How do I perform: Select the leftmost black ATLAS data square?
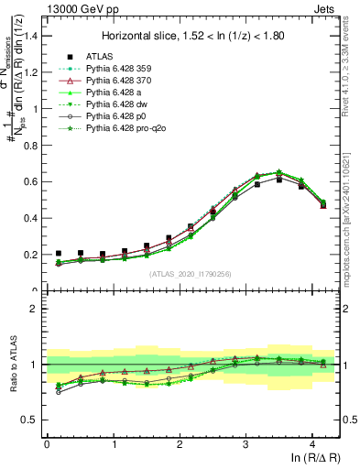59,254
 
